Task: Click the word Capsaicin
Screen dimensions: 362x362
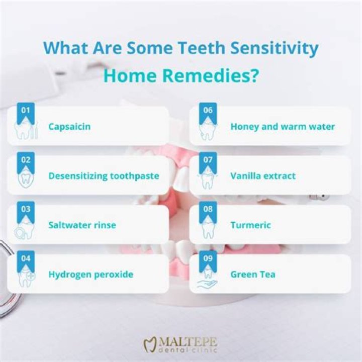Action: [69, 126]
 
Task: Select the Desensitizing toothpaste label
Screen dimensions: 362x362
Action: [104, 175]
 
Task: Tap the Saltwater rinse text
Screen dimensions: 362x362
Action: [82, 225]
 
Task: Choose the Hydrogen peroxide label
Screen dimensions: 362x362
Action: [90, 274]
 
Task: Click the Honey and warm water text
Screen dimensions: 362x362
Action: [283, 126]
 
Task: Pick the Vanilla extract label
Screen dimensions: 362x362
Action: [263, 175]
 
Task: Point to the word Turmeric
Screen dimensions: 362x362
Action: [250, 225]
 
